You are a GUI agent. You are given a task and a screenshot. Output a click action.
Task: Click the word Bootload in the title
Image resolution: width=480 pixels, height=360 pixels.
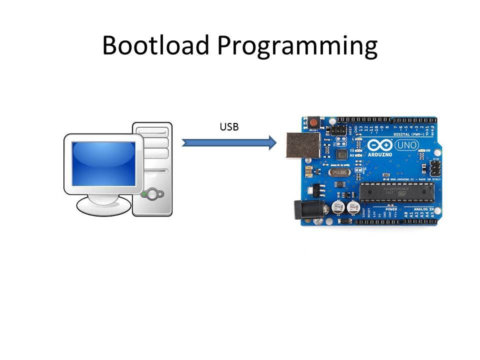[155, 45]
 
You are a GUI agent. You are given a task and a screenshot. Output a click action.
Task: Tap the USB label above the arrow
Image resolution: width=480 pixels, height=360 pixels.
[229, 127]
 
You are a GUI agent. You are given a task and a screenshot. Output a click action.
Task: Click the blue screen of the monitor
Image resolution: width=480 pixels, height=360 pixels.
[103, 163]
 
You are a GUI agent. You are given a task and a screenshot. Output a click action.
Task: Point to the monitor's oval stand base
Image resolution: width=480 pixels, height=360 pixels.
[103, 205]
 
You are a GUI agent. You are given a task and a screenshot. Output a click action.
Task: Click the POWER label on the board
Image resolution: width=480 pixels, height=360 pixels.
[390, 209]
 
